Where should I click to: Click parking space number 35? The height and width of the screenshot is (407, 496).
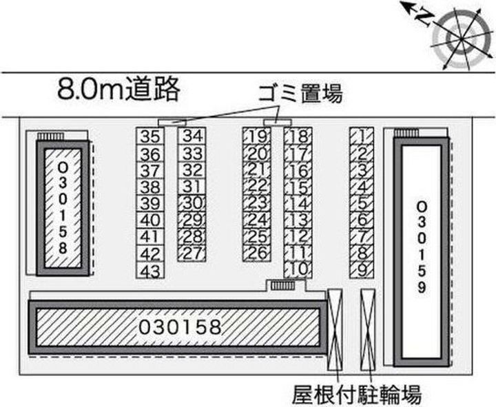click(x=150, y=136)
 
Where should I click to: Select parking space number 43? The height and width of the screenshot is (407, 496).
click(x=150, y=271)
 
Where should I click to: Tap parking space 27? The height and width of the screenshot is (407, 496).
click(x=192, y=253)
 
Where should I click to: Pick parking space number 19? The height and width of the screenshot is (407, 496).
click(x=257, y=136)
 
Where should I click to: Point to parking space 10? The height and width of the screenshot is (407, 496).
click(x=298, y=270)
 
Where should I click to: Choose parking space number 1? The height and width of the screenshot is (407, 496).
click(x=362, y=136)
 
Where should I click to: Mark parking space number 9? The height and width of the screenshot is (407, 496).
click(x=362, y=270)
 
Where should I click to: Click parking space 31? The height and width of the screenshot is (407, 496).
click(x=192, y=187)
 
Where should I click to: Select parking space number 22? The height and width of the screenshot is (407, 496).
click(x=257, y=187)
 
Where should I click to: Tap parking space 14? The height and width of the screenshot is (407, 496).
click(x=298, y=203)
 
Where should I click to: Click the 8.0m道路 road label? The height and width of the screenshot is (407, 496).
click(x=118, y=89)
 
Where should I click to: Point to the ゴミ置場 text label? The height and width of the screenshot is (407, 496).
click(x=300, y=94)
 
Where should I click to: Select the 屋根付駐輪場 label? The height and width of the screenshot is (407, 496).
click(x=357, y=395)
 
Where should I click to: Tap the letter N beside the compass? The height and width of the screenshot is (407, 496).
click(x=424, y=17)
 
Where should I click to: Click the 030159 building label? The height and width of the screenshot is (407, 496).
click(x=422, y=247)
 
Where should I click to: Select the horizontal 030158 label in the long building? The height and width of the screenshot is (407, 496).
click(x=180, y=327)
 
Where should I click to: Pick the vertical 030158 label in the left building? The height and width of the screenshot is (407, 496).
click(x=63, y=208)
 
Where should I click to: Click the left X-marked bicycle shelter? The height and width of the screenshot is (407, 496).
click(x=335, y=329)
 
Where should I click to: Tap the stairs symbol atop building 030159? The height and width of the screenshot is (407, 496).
click(x=407, y=133)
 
